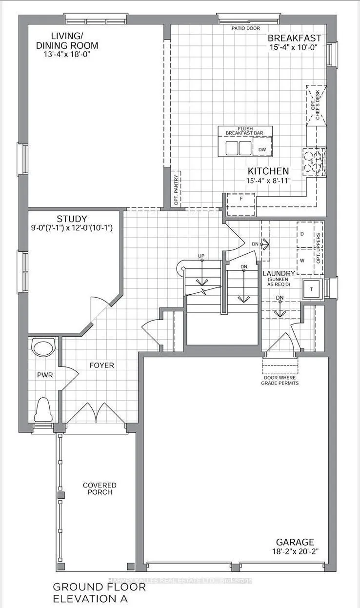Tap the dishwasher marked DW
(261, 148)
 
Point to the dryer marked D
(302, 234)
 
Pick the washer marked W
(302, 260)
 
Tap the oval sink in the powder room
(43, 348)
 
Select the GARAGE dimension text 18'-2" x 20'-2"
(294, 551)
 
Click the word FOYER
(101, 365)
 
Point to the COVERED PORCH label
(100, 488)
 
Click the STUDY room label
(71, 219)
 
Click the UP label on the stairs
(200, 256)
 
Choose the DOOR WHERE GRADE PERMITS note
(280, 380)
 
